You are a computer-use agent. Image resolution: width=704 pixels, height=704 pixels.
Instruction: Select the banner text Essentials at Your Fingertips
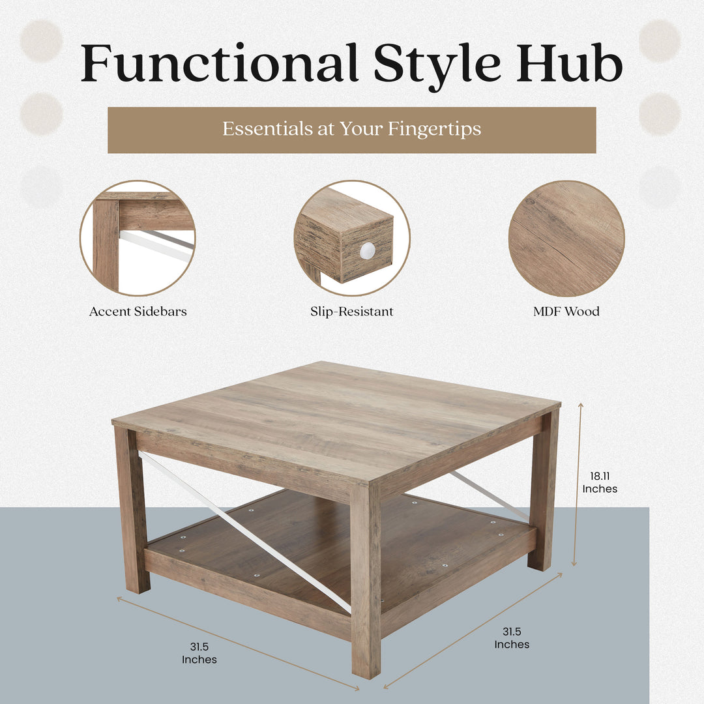tap(351, 129)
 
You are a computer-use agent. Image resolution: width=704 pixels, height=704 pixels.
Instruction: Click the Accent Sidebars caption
tap(138, 312)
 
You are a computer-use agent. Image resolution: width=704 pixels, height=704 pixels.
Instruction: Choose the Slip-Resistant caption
tap(351, 312)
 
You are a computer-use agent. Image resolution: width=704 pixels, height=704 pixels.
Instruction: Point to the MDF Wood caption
tap(566, 312)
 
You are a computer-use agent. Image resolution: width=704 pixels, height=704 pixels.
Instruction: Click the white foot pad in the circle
tap(368, 250)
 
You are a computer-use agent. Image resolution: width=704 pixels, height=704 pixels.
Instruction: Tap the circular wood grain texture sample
tap(566, 239)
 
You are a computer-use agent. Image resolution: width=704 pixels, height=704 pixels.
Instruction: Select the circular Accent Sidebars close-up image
tap(138, 239)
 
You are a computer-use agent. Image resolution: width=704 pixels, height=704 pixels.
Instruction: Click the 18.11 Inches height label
tap(600, 483)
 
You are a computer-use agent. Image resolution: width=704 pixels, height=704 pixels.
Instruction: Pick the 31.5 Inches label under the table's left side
tap(199, 653)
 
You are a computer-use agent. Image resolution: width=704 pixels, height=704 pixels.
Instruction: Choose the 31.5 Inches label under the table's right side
tap(511, 638)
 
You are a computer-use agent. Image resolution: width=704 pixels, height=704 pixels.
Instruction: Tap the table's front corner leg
tap(366, 580)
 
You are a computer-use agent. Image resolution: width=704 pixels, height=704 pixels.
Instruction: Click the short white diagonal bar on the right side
tap(489, 495)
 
